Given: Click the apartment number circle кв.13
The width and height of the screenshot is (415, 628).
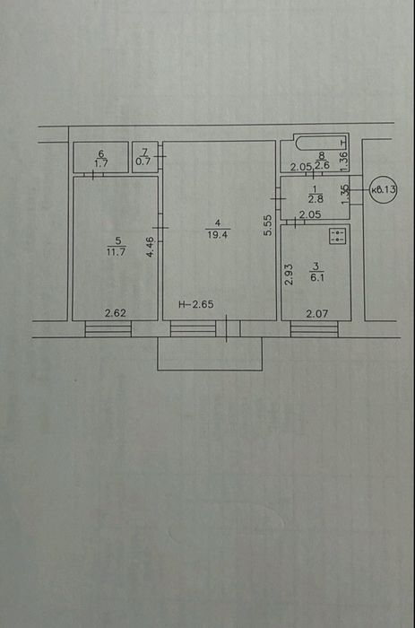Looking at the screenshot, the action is coord(383,189).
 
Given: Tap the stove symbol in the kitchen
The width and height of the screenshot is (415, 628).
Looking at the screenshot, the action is coord(337,236).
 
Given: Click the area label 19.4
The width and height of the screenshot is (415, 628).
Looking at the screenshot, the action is coord(217,235).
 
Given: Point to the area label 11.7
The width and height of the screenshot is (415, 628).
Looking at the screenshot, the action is coord(116,252).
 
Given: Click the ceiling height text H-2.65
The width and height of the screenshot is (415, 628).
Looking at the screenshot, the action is coord(196,305).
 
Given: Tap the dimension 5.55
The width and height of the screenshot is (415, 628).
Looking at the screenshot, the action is coord(268,225).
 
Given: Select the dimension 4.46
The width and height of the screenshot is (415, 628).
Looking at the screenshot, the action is coord(150,247).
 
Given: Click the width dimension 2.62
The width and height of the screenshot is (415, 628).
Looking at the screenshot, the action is coord(116,313).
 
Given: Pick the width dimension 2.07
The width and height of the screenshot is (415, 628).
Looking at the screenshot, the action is coord(317,314).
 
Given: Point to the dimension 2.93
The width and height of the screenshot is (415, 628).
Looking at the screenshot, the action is coord(289,274).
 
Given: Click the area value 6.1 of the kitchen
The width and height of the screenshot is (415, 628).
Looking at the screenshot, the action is coord(317,277).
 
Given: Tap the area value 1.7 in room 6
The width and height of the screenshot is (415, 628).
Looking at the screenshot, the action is coord(101,164).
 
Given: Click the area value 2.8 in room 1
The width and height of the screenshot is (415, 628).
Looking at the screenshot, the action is coord(316,199).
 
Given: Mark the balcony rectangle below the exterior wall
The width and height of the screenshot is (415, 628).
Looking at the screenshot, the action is coord(210,353).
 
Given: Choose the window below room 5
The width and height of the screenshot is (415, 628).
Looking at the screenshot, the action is coord(108,329).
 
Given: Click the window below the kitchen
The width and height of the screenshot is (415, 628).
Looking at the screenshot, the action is coord(315,329).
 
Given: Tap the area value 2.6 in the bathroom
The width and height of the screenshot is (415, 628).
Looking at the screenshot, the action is coord(323,165).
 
